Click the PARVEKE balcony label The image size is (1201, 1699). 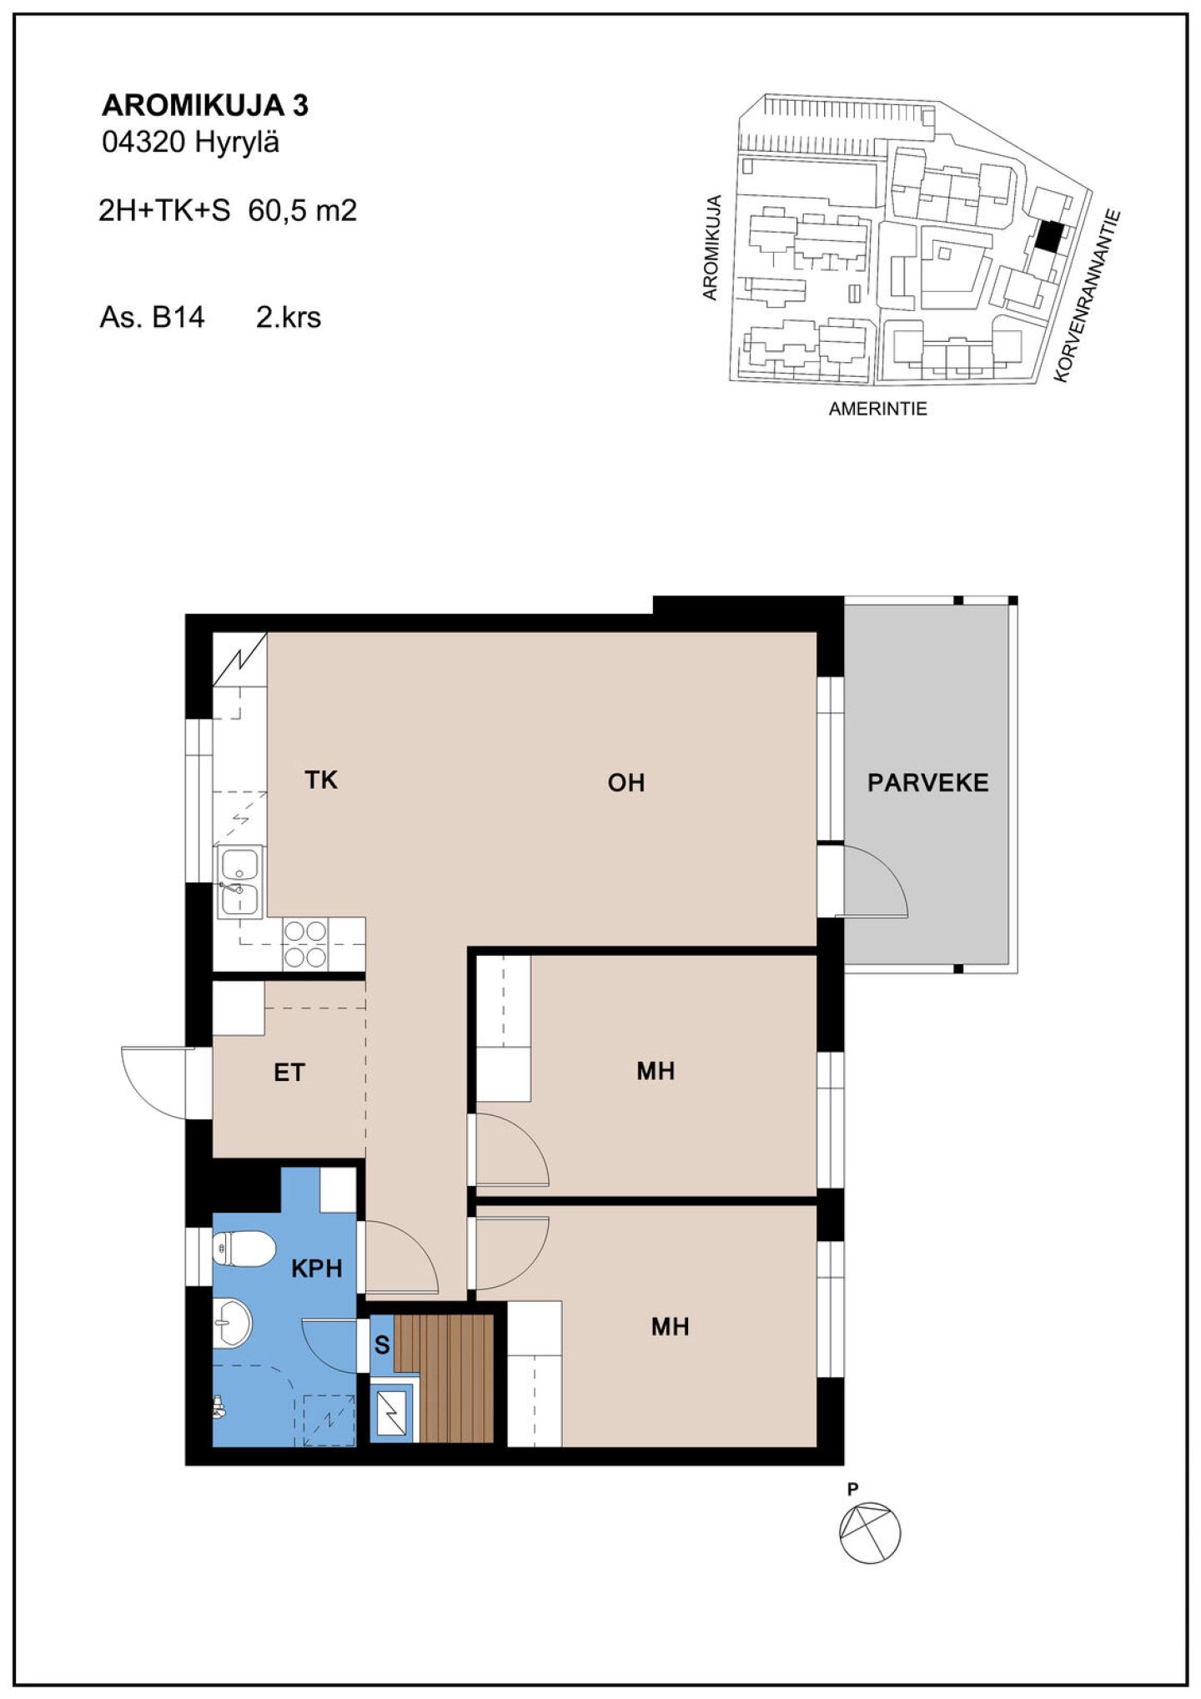click(927, 782)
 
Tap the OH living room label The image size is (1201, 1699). click(626, 782)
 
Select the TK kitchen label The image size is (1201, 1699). click(321, 780)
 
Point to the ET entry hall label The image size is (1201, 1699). click(289, 1073)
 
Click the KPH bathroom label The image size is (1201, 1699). click(317, 1269)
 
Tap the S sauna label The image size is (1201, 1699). click(382, 1345)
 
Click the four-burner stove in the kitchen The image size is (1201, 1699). click(305, 943)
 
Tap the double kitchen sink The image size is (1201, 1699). click(240, 881)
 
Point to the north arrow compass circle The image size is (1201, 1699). click(870, 1533)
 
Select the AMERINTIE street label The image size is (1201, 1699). click(877, 409)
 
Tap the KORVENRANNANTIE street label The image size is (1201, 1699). click(1086, 295)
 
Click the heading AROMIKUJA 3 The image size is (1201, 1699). click(205, 105)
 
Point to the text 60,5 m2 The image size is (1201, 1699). click(303, 210)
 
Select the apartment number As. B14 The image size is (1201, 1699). click(152, 317)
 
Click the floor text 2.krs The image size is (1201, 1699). click(289, 317)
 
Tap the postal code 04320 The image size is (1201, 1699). click(143, 143)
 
